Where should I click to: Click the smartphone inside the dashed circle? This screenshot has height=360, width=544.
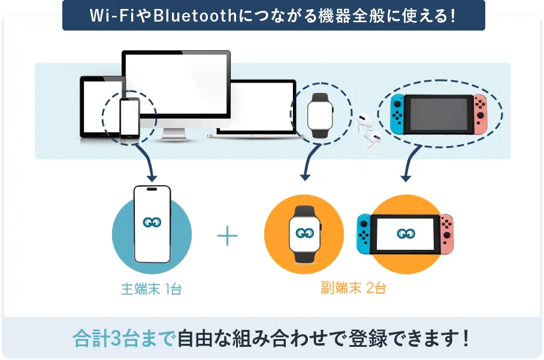[129, 117]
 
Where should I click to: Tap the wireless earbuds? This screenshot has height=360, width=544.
[367, 131]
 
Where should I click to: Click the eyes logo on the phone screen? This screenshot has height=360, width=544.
[152, 222]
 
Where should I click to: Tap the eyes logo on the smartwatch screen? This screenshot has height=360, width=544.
[304, 232]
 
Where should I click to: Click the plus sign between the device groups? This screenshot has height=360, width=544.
[227, 236]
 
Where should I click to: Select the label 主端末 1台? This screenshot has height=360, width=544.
[151, 289]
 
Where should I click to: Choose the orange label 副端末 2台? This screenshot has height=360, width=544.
[353, 288]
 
